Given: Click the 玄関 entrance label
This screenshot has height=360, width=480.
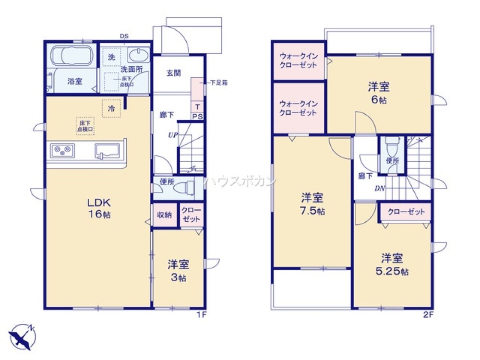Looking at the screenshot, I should click(173, 73).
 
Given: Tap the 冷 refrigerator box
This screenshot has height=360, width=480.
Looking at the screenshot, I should click(111, 108).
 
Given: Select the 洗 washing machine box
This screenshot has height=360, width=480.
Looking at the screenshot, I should click(111, 57).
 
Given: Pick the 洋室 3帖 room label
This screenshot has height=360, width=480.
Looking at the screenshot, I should click(178, 270).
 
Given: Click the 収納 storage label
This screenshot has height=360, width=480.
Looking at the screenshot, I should click(165, 215).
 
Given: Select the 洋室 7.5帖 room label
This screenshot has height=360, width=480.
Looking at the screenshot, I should click(312, 204).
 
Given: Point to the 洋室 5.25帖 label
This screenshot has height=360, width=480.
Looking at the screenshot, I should click(392, 264).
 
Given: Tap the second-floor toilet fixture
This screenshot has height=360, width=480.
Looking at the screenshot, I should click(392, 146).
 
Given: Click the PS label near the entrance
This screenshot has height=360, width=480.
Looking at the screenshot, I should click(197, 117).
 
